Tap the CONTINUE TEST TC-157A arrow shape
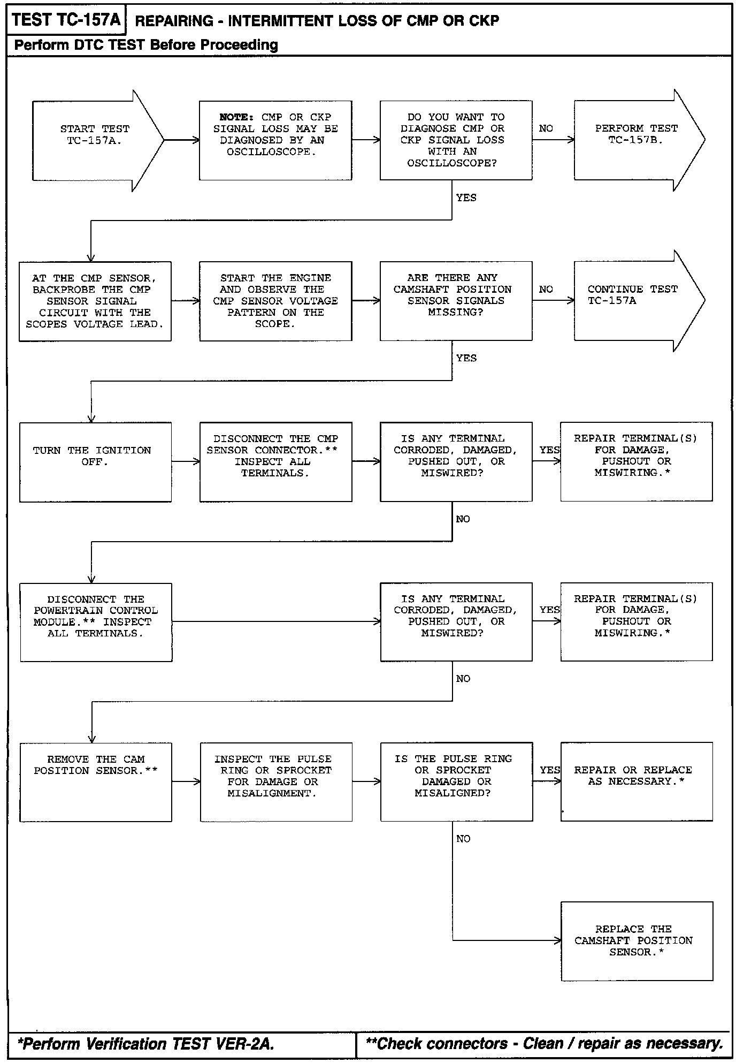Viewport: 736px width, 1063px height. coord(634,300)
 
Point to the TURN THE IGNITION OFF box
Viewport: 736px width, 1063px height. coord(95,462)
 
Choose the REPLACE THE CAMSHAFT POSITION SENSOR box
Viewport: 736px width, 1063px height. coord(637,941)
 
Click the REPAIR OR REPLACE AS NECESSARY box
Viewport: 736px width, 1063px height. coord(637,781)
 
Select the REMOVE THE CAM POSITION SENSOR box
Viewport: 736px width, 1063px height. coord(96,781)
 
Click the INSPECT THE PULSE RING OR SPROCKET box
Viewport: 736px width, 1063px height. coord(276,781)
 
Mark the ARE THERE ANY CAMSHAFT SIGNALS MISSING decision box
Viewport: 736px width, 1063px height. coord(456,301)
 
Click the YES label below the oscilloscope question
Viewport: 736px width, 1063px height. coord(466,198)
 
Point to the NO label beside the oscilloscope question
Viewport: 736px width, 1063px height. coord(546,128)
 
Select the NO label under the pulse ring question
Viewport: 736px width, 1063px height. coord(463,839)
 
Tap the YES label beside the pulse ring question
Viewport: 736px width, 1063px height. coord(550,770)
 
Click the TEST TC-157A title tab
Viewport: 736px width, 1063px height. coord(66,20)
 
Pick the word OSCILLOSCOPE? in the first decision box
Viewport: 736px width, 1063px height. coord(452,163)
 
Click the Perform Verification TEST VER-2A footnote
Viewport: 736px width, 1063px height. coord(146,1044)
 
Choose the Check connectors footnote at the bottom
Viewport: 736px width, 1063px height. coord(543,1044)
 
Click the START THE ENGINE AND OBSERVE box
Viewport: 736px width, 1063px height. coord(275,301)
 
